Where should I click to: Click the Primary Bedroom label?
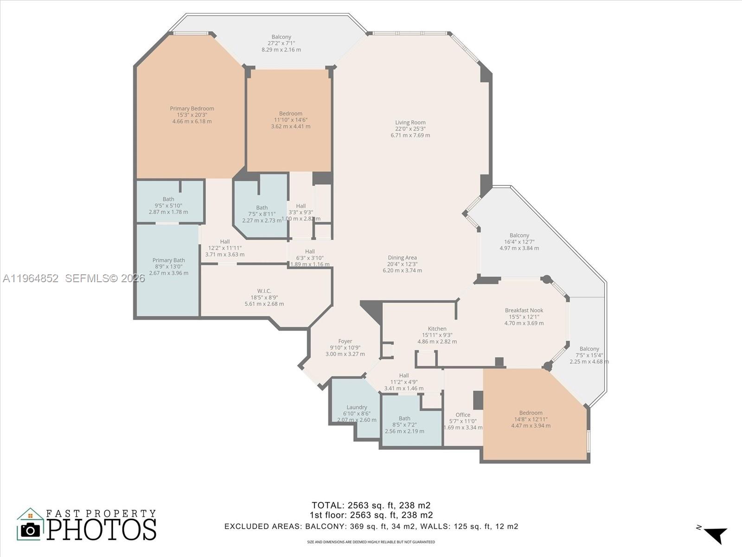point(192,109)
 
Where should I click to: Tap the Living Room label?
point(410,123)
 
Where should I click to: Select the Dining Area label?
point(402,258)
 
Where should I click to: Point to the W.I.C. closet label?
point(264,291)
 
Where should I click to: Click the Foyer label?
point(345,341)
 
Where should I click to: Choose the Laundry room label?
point(357,407)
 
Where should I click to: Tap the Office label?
point(463,415)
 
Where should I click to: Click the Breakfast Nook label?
point(524,311)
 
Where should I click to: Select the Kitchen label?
point(437,329)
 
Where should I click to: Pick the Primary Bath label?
point(169,260)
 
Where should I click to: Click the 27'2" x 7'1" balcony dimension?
point(281,43)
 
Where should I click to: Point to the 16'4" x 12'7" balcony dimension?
point(519,242)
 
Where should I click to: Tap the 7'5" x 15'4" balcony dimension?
point(589,355)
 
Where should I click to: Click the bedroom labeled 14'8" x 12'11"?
point(531,413)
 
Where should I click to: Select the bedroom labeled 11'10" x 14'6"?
point(291,114)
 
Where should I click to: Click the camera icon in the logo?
point(31,529)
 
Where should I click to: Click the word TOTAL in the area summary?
point(326,505)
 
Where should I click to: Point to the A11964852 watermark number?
point(31,278)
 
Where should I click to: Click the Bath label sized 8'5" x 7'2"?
point(404,418)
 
